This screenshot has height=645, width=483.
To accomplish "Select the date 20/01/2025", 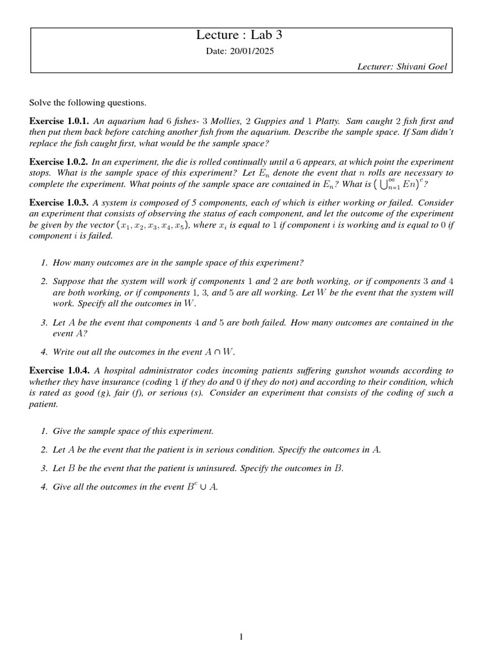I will point(241,52).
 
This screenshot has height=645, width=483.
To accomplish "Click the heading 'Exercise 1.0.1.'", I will point(60,120).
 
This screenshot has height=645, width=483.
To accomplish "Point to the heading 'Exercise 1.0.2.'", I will point(59,162).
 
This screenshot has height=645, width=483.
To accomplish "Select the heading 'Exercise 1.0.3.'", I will point(60,203).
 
